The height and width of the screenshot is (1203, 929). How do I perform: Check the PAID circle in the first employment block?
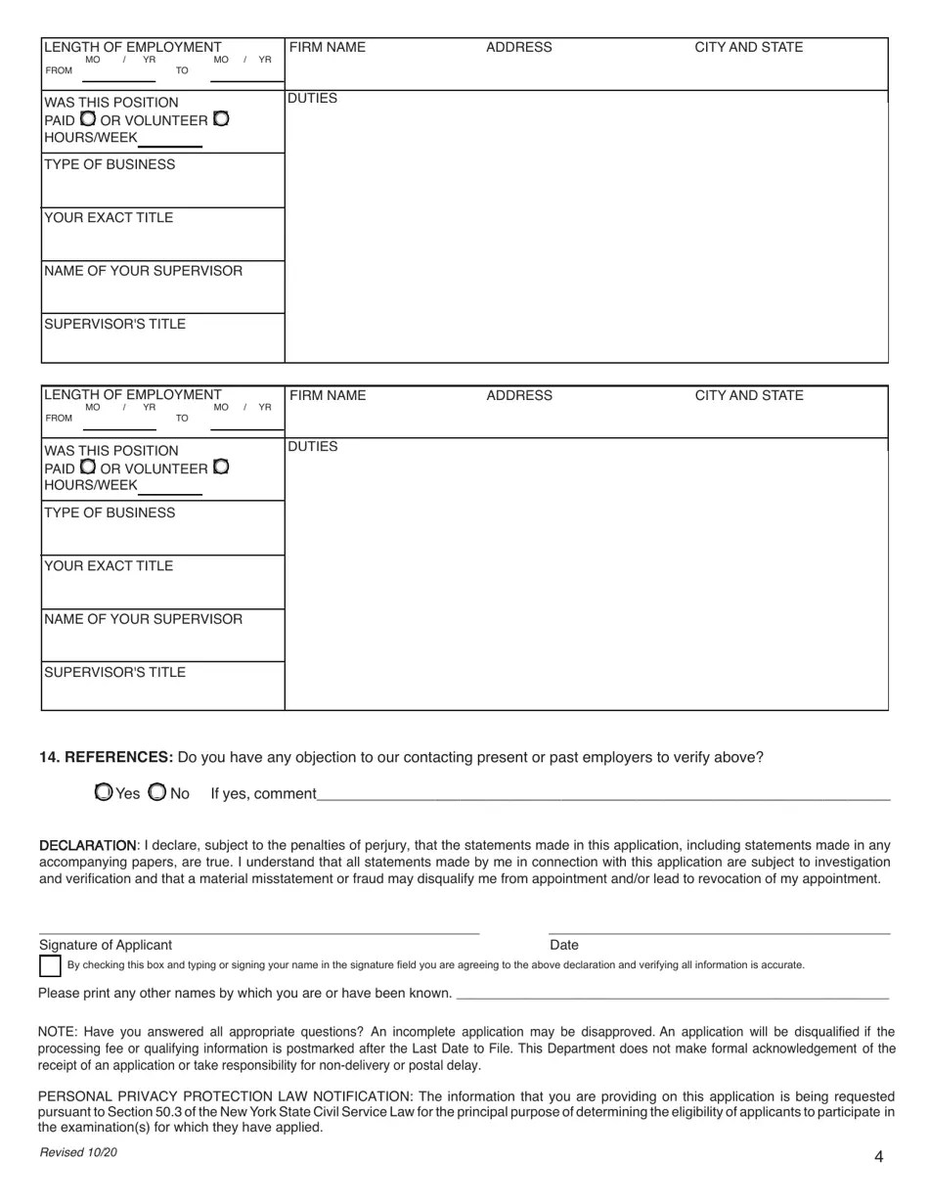[x=87, y=119]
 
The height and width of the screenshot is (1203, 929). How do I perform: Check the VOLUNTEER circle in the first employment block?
[x=221, y=119]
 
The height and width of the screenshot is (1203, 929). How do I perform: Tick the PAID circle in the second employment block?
[x=87, y=468]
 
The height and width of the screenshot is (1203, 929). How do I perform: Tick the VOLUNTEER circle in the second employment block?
[x=221, y=468]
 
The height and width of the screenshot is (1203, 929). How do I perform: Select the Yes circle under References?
[x=104, y=792]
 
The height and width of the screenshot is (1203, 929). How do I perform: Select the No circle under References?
[x=157, y=792]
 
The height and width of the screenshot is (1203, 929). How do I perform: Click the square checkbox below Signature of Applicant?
[x=50, y=966]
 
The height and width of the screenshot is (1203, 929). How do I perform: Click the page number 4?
[x=878, y=1157]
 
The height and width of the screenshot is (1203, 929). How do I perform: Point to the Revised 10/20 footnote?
[x=78, y=1152]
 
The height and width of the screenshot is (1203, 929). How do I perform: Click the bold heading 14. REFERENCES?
[x=107, y=758]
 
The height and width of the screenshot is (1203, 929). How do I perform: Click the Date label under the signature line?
[x=564, y=945]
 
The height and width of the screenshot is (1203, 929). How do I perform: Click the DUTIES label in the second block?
[x=313, y=447]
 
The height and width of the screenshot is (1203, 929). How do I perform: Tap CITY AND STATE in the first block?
[x=748, y=48]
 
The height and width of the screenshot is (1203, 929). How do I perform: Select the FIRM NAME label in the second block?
[x=328, y=396]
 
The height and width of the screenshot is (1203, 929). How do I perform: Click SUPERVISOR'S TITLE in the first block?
[x=114, y=325]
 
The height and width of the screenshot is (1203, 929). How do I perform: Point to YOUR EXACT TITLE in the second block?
[x=109, y=566]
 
